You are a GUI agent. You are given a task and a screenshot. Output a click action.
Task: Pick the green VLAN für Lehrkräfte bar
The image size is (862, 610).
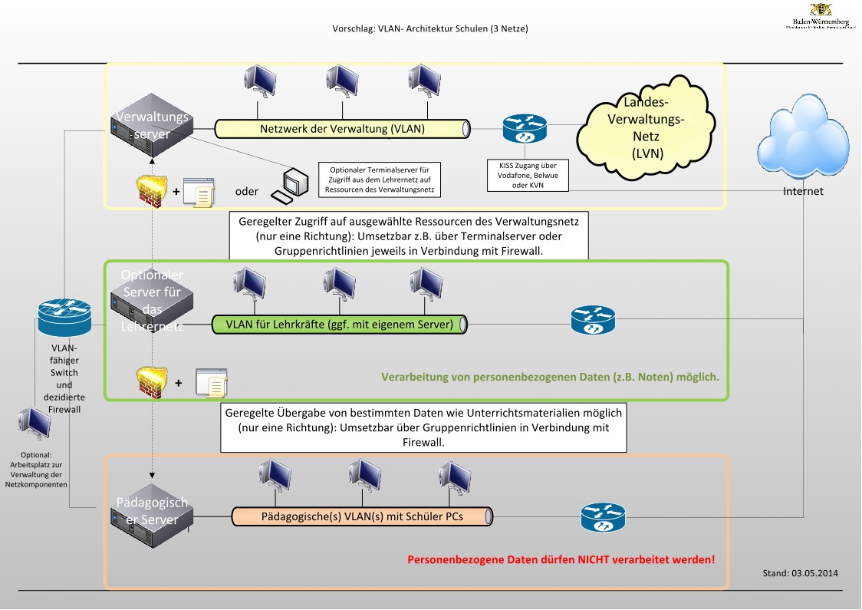(340, 324)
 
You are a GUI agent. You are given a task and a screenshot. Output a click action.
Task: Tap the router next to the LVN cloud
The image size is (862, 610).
(525, 129)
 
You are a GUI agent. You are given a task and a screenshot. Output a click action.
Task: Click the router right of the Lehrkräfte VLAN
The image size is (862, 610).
(593, 320)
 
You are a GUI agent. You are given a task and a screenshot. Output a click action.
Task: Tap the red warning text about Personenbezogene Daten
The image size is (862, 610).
(561, 559)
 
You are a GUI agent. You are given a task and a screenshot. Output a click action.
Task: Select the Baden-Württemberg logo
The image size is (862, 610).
(820, 15)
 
